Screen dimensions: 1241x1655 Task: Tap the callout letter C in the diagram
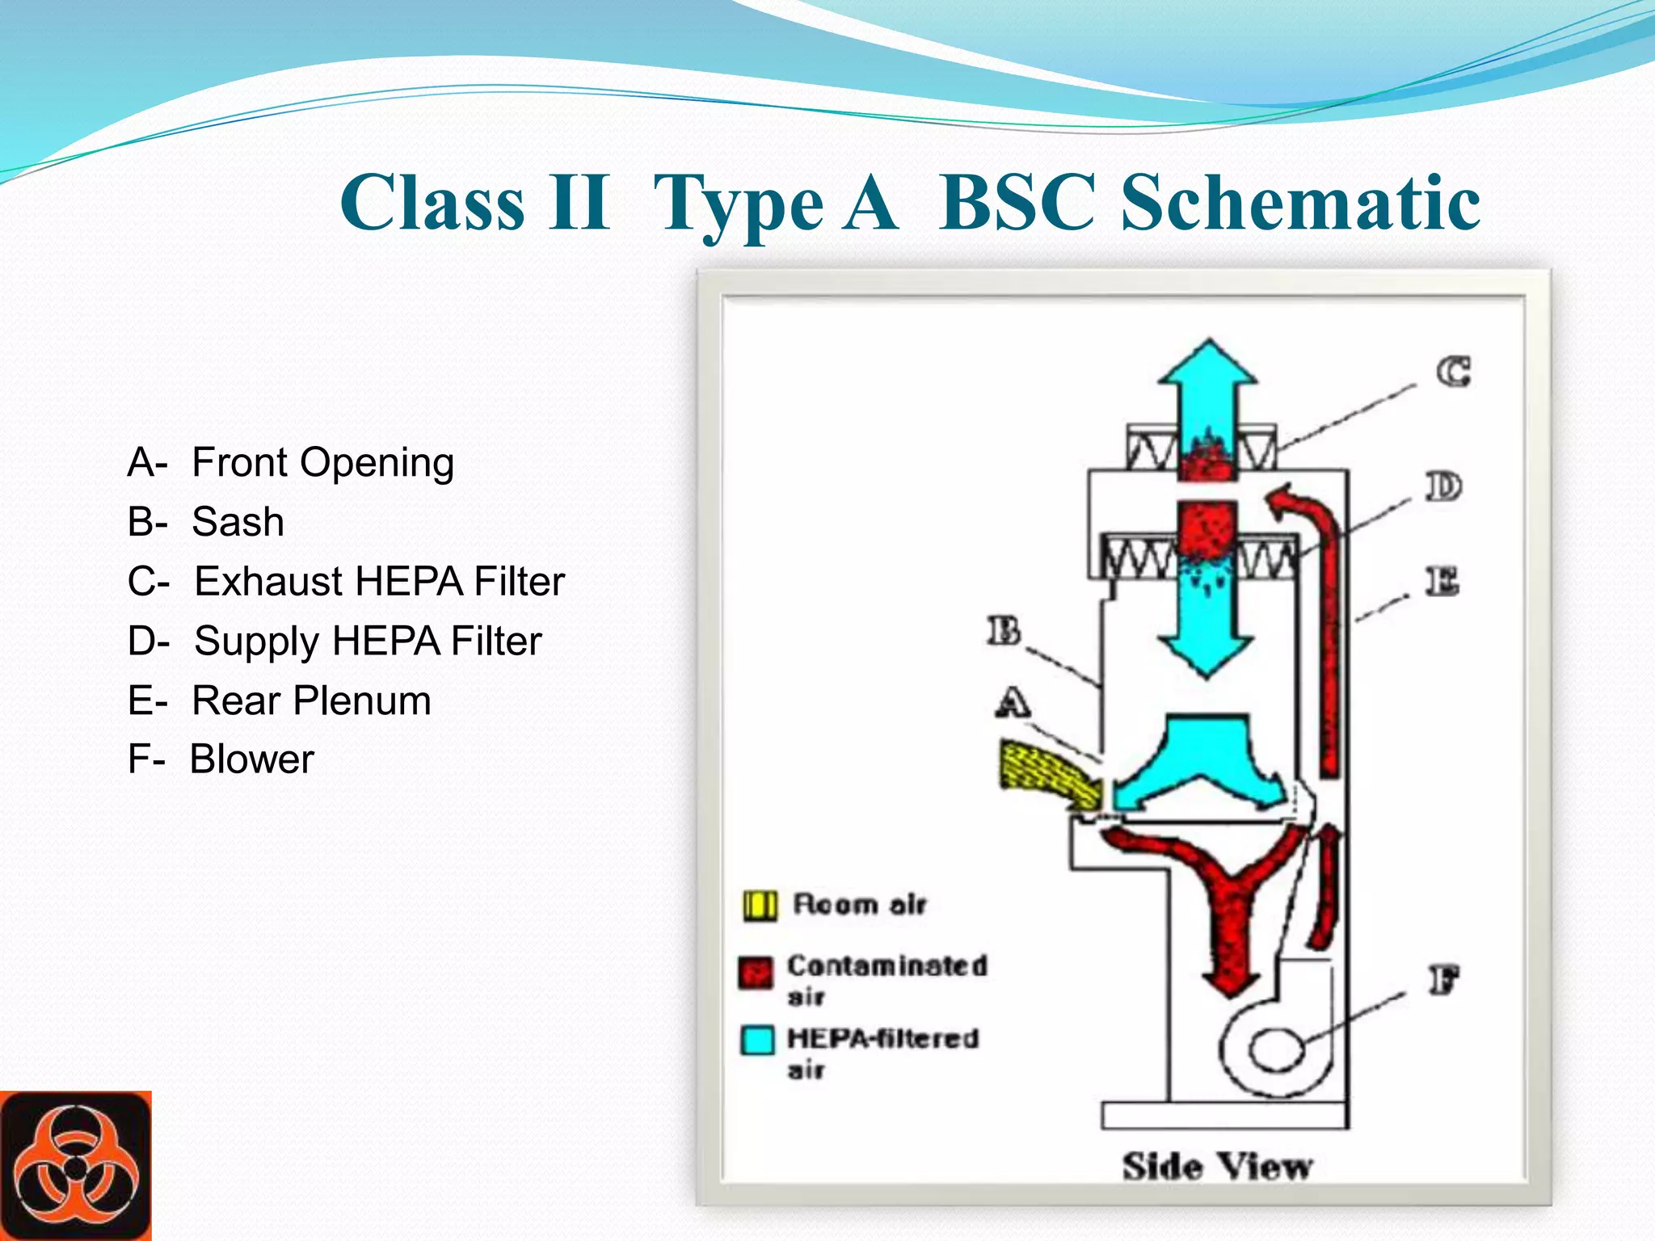pos(1453,372)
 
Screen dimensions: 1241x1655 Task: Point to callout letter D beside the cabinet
pos(1443,487)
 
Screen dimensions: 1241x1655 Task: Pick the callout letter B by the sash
pos(1004,631)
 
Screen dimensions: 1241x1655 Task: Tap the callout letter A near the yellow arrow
pos(1013,702)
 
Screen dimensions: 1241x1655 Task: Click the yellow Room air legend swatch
pos(759,906)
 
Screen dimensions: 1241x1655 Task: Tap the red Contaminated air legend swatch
pos(756,972)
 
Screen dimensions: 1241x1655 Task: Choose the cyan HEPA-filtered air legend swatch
pos(757,1040)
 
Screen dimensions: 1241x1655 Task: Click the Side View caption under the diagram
pos(1217,1167)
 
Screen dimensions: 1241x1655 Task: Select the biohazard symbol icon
pos(75,1166)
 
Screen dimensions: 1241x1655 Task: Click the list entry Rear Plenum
pos(311,700)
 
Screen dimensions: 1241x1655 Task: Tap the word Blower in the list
pos(251,759)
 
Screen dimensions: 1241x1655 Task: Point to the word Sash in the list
pos(238,522)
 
